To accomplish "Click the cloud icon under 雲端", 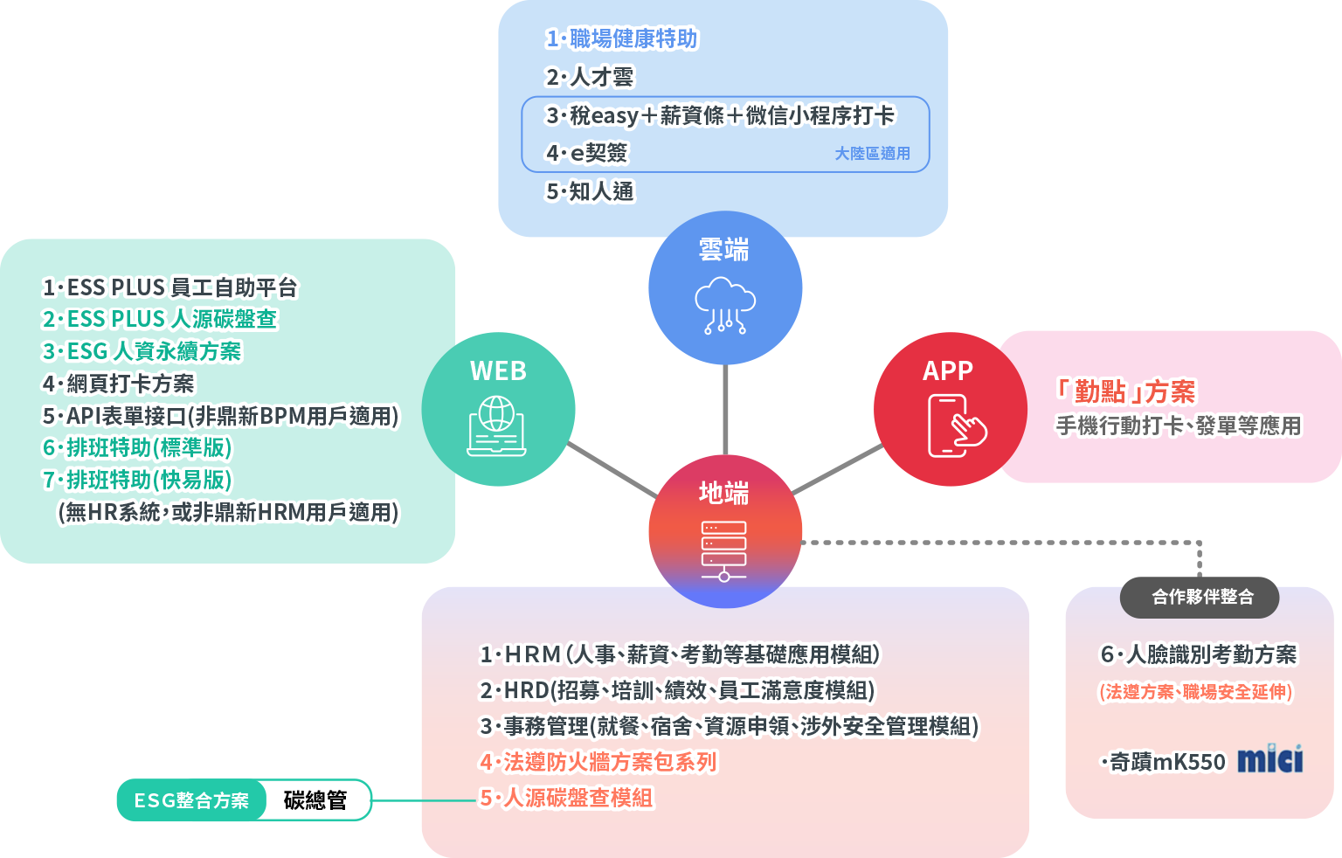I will pyautogui.click(x=724, y=305).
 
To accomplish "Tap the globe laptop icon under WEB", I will pyautogui.click(x=496, y=426).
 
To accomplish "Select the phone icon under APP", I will pyautogui.click(x=955, y=426).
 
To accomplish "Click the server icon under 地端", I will pyautogui.click(x=723, y=550).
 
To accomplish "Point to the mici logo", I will pyautogui.click(x=1270, y=759).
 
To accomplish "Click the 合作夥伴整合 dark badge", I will pyautogui.click(x=1201, y=597).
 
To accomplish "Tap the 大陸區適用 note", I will pyautogui.click(x=872, y=154).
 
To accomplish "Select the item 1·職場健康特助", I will pyautogui.click(x=621, y=39).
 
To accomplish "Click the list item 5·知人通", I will pyautogui.click(x=590, y=191).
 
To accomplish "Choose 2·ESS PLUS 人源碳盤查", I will pyautogui.click(x=159, y=319).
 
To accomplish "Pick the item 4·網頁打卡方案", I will pyautogui.click(x=118, y=384).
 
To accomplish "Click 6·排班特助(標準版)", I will pyautogui.click(x=137, y=448).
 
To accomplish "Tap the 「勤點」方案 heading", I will pyautogui.click(x=1125, y=391).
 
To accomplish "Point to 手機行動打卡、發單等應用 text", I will pyautogui.click(x=1178, y=426).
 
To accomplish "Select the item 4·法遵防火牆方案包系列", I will pyautogui.click(x=598, y=762).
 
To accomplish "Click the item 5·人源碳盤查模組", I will pyautogui.click(x=566, y=798).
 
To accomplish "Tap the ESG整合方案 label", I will pyautogui.click(x=191, y=800).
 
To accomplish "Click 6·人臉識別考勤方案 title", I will pyautogui.click(x=1198, y=654).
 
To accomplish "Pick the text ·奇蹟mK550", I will pyautogui.click(x=1164, y=762).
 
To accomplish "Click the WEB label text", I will pyautogui.click(x=498, y=371).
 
